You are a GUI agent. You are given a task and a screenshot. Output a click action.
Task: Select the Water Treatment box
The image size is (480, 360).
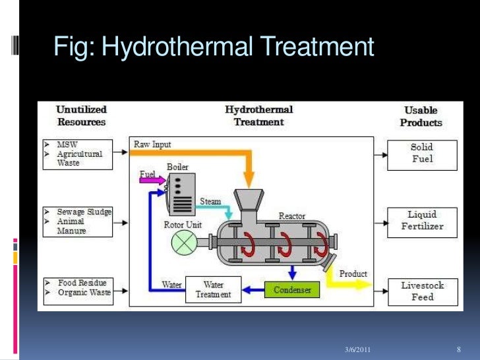click(213, 290)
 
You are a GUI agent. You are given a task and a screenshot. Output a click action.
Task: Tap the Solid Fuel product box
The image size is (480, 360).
click(422, 153)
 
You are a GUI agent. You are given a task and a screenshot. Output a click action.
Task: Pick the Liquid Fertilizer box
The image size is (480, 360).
click(422, 221)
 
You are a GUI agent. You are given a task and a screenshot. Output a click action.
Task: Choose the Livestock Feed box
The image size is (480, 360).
click(422, 291)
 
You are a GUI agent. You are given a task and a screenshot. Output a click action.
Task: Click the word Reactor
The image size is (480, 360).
click(291, 216)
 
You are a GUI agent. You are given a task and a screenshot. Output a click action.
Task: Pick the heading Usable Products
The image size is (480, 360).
click(421, 116)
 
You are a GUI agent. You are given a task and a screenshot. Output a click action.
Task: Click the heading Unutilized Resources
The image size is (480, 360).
click(81, 115)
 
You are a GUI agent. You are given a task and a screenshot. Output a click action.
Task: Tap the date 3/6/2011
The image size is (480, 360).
click(359, 347)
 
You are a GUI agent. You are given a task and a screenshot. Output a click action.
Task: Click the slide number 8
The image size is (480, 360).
click(458, 347)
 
